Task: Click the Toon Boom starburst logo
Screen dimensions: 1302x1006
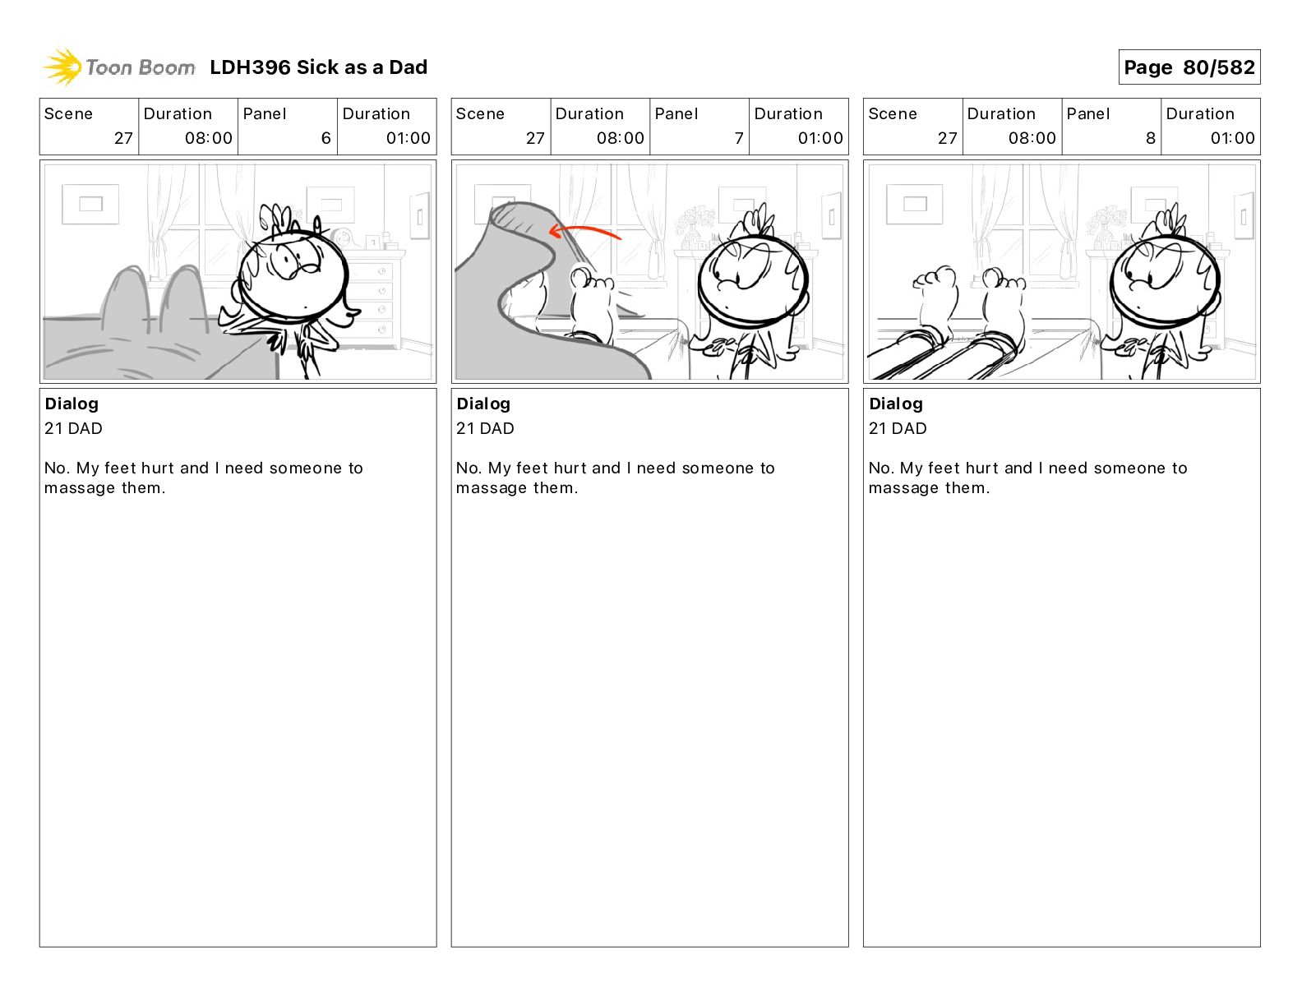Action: [62, 67]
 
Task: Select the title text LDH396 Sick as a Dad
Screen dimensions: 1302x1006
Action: [318, 67]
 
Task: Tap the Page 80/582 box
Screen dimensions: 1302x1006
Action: [1189, 67]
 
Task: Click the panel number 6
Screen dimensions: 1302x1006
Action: [326, 138]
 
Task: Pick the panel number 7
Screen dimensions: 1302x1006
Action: [739, 138]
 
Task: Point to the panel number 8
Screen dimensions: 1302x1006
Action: [1151, 138]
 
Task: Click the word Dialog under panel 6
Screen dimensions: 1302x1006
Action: [72, 404]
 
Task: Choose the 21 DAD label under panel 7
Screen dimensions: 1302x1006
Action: [485, 428]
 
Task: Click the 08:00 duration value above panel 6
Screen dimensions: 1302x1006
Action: [209, 138]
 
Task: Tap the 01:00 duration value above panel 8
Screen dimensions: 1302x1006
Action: [1232, 138]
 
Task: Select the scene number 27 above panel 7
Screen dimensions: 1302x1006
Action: [535, 138]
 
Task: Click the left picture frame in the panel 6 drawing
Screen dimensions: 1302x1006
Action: [90, 205]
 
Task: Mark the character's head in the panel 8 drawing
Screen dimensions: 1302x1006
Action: [1164, 282]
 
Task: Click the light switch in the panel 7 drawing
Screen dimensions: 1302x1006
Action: [832, 216]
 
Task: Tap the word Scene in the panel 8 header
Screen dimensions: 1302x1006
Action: [892, 114]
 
